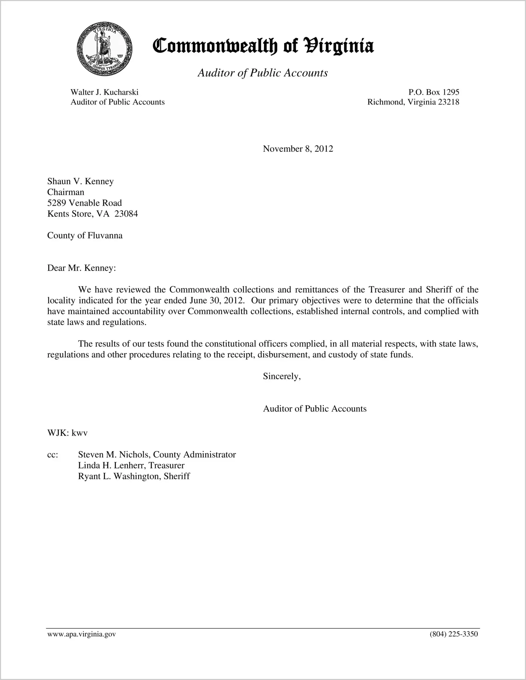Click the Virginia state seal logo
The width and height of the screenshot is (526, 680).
pos(104,48)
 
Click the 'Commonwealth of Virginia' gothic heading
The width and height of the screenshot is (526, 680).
pos(263,46)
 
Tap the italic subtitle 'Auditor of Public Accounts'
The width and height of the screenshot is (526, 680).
pos(263,73)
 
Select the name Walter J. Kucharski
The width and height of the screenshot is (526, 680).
pos(104,92)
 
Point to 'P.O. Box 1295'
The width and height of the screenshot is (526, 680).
pos(434,92)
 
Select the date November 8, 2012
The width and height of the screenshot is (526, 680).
pos(298,149)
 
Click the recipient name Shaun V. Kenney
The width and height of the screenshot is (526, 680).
pos(80,181)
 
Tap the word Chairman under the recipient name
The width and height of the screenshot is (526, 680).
pos(66,192)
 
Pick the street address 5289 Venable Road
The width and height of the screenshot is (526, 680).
pos(84,203)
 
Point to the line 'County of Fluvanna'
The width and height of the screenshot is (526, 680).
pos(85,236)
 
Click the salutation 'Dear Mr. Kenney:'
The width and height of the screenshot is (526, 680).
pos(81,268)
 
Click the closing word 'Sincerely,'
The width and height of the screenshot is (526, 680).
pos(282,376)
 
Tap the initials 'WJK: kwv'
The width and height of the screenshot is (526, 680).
pos(67,433)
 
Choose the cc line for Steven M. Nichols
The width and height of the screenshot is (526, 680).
pos(157,455)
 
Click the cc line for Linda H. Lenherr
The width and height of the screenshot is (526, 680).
pos(131,466)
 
